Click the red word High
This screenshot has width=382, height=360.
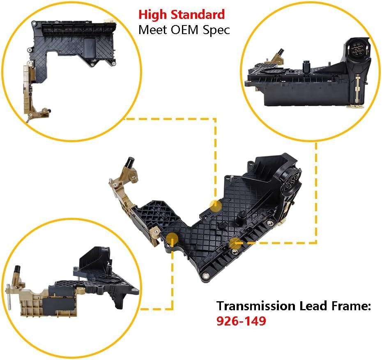tap(153, 15)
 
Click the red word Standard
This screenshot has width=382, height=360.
tap(198, 14)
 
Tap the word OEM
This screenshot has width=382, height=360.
tap(185, 30)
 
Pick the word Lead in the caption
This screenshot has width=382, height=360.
tap(312, 306)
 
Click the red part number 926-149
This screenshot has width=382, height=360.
tap(241, 321)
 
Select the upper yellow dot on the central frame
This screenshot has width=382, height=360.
tap(215, 206)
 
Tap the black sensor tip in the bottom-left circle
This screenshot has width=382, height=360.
tap(17, 269)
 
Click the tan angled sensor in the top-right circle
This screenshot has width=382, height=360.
tap(278, 57)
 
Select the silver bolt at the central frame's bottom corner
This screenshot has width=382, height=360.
tap(205, 275)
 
